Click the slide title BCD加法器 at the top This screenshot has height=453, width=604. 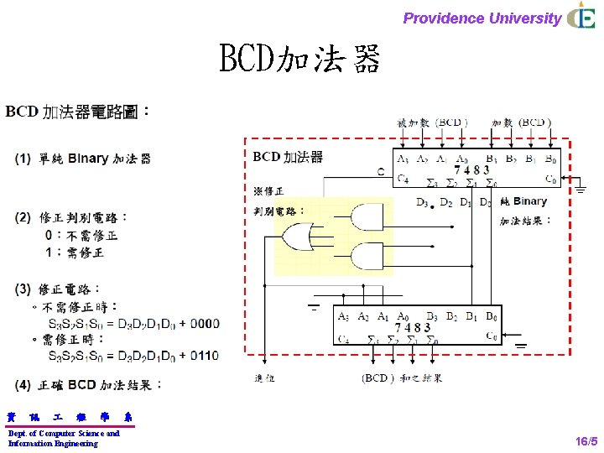tap(299, 60)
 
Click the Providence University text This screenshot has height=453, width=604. tap(482, 18)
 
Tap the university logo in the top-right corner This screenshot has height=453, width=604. tap(581, 16)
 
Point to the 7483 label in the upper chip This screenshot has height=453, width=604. tap(471, 169)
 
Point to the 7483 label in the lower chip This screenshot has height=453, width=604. tap(414, 327)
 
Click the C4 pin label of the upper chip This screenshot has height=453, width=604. tap(402, 179)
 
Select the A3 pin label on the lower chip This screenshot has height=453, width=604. tap(344, 316)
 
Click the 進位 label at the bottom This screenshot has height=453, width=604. tap(263, 378)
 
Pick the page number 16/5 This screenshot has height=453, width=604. tap(586, 441)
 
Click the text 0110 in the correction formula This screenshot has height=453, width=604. tap(204, 357)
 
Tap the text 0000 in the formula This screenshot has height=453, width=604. tap(204, 323)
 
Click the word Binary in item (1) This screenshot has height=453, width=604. tap(87, 159)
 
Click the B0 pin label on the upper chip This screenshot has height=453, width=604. tap(549, 159)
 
